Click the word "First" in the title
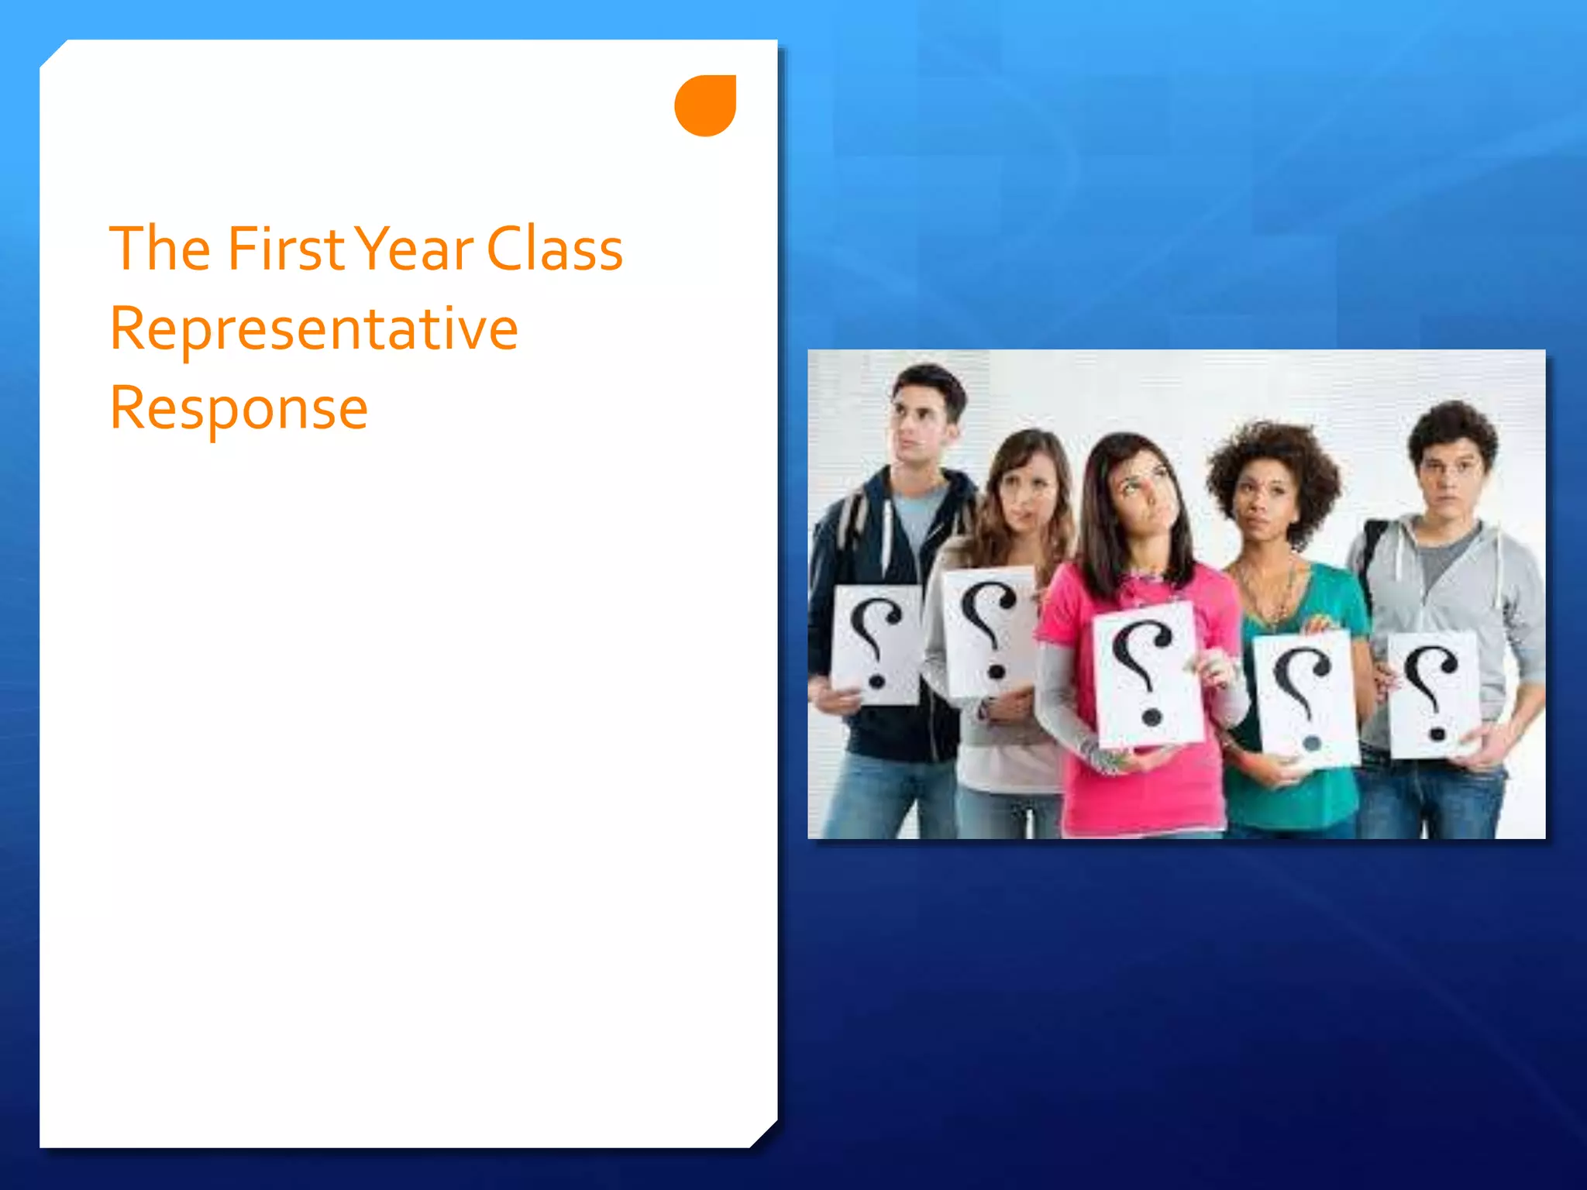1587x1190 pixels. pyautogui.click(x=285, y=249)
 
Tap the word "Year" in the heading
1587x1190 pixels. pyautogui.click(x=417, y=249)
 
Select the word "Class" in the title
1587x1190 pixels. pyautogui.click(x=555, y=249)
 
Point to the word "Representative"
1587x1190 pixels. pyautogui.click(x=314, y=329)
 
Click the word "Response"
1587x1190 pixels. pyautogui.click(x=239, y=408)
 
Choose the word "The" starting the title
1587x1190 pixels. pyautogui.click(x=160, y=249)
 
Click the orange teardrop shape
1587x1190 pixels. pyautogui.click(x=705, y=105)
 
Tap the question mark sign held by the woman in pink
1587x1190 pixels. pyautogui.click(x=1148, y=674)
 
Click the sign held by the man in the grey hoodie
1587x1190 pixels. pyautogui.click(x=1434, y=693)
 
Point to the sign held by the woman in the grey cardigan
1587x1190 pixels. pyautogui.click(x=989, y=631)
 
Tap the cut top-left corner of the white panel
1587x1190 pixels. pyautogui.click(x=53, y=53)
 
